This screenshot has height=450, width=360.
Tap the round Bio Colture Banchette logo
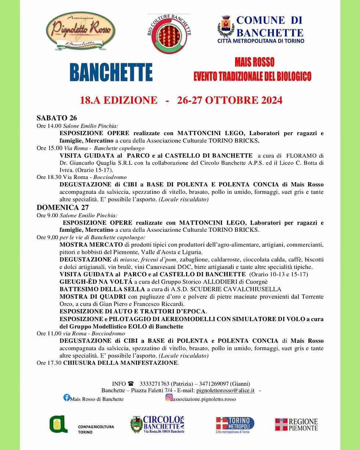tap(169, 34)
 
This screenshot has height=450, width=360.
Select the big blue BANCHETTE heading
tap(111, 72)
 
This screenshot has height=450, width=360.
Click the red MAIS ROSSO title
tap(254, 62)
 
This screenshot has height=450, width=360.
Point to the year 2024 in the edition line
tap(267, 100)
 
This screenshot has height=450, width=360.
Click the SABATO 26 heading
tap(57, 118)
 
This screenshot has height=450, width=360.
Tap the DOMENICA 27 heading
tap(62, 208)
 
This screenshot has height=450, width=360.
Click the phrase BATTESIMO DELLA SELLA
tap(102, 289)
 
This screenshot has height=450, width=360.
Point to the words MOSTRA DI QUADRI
tap(93, 296)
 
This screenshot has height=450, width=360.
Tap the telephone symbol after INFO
tap(131, 384)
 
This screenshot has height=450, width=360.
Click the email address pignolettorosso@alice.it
tap(225, 390)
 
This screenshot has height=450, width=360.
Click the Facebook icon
tap(66, 397)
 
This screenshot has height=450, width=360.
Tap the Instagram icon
tap(169, 397)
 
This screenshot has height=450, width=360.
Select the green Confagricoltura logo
tap(59, 424)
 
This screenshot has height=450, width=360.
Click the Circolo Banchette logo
tap(157, 425)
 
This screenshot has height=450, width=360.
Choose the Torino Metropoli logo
tap(235, 425)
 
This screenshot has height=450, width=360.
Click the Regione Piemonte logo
tap(296, 424)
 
